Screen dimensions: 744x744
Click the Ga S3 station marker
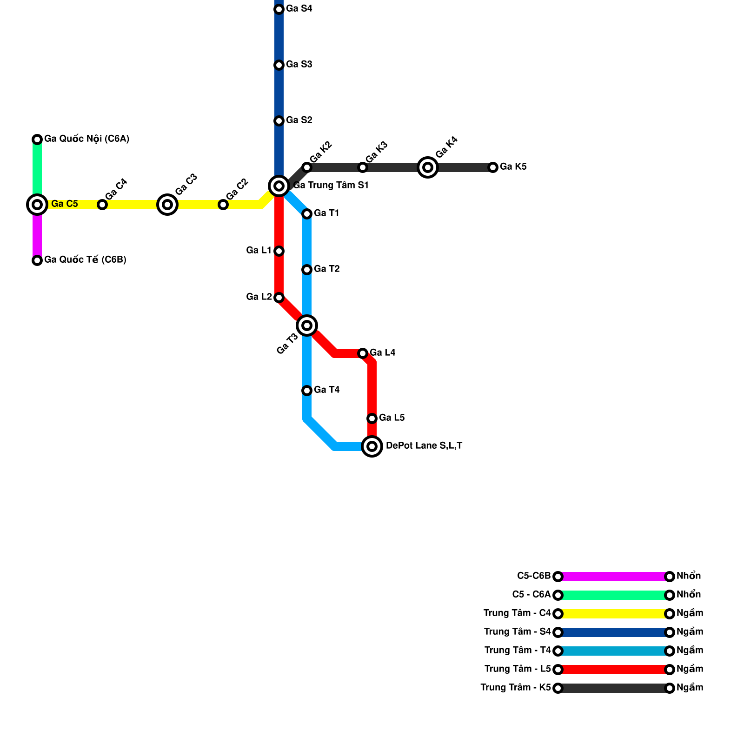[279, 65]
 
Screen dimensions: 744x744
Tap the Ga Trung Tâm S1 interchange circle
[279, 186]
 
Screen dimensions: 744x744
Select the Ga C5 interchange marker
[37, 205]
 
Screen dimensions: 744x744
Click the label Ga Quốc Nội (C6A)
[86, 139]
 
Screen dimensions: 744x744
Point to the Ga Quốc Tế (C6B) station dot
[37, 260]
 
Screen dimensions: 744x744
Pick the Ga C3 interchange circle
[167, 205]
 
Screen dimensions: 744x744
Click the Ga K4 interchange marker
[428, 167]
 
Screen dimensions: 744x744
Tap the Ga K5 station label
[513, 167]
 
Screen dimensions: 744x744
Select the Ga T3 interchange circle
[307, 325]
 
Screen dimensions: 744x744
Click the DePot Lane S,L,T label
[424, 446]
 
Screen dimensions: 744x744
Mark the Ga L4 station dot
[363, 353]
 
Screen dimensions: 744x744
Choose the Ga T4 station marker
[307, 391]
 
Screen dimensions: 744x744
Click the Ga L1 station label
[259, 251]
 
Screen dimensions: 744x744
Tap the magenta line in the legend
[614, 577]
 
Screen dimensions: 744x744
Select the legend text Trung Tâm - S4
[517, 632]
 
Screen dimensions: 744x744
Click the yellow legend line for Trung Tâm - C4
[614, 614]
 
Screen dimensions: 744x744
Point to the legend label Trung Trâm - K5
[516, 688]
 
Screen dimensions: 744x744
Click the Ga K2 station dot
[307, 167]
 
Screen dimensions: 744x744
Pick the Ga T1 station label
[326, 213]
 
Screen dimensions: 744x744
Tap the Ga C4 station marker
[102, 205]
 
